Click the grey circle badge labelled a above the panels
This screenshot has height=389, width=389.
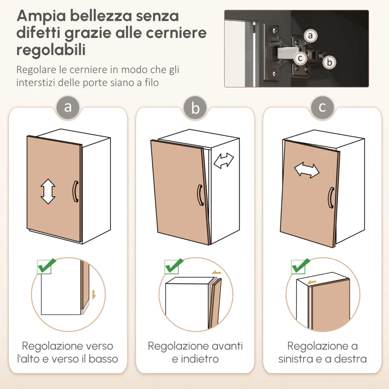coord(68,106)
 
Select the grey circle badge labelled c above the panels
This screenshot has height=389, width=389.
coord(322,106)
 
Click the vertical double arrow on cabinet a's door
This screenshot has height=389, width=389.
coord(48,191)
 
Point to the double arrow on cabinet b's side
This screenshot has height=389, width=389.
coord(224,160)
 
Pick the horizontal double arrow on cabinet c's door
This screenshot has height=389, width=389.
coord(307,170)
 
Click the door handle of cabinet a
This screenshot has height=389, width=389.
coord(74,190)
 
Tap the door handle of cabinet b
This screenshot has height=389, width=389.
coord(199,195)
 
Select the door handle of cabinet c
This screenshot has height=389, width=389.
coord(330,197)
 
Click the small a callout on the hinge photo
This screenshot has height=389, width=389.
coord(310,35)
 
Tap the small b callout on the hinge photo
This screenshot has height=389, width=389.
coord(330,62)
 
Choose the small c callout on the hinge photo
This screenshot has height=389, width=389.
coord(301,58)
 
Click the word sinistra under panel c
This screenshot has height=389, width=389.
coord(297,359)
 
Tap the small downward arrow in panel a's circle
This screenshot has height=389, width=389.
coord(93,294)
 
